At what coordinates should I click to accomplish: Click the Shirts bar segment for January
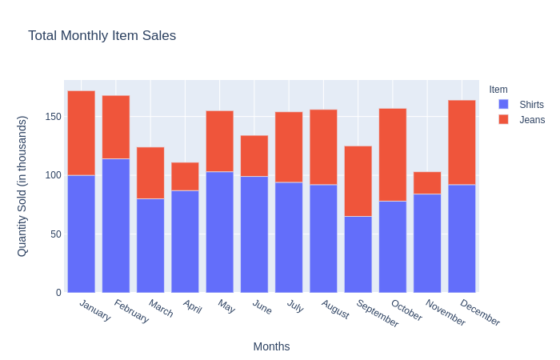[81, 234]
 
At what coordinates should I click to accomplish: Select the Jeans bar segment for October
[393, 154]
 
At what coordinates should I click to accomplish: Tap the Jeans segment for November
[427, 183]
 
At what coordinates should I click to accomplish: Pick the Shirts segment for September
[358, 254]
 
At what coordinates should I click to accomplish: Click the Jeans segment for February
[116, 127]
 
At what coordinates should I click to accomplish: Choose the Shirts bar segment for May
[219, 232]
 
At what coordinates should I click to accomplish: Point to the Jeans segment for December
[462, 142]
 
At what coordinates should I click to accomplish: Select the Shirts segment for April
[185, 241]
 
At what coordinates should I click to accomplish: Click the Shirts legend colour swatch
[503, 105]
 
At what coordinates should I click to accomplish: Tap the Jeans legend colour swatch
[503, 119]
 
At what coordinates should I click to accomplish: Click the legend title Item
[498, 90]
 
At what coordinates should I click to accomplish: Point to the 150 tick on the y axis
[54, 117]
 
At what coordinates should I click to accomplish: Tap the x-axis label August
[335, 309]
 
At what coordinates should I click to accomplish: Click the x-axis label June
[262, 306]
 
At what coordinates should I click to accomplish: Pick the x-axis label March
[161, 308]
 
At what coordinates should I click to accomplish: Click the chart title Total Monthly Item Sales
[102, 36]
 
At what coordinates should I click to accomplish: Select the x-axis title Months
[271, 346]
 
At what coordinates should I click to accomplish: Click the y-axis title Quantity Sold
[22, 186]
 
